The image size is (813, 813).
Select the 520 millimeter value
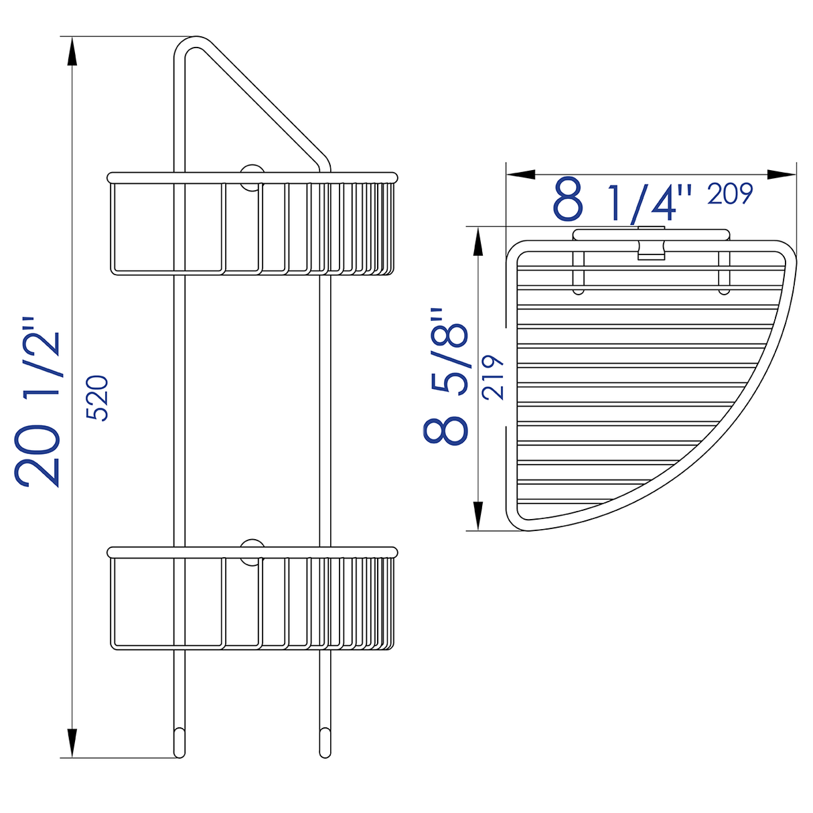point(98,398)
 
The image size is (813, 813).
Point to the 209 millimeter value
point(731,194)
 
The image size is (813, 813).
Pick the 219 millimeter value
point(494,377)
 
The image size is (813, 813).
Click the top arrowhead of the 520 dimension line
point(72,51)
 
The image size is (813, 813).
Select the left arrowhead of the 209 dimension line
point(521,174)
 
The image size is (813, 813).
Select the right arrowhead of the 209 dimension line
point(781,174)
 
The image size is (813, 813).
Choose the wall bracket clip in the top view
point(650,244)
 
